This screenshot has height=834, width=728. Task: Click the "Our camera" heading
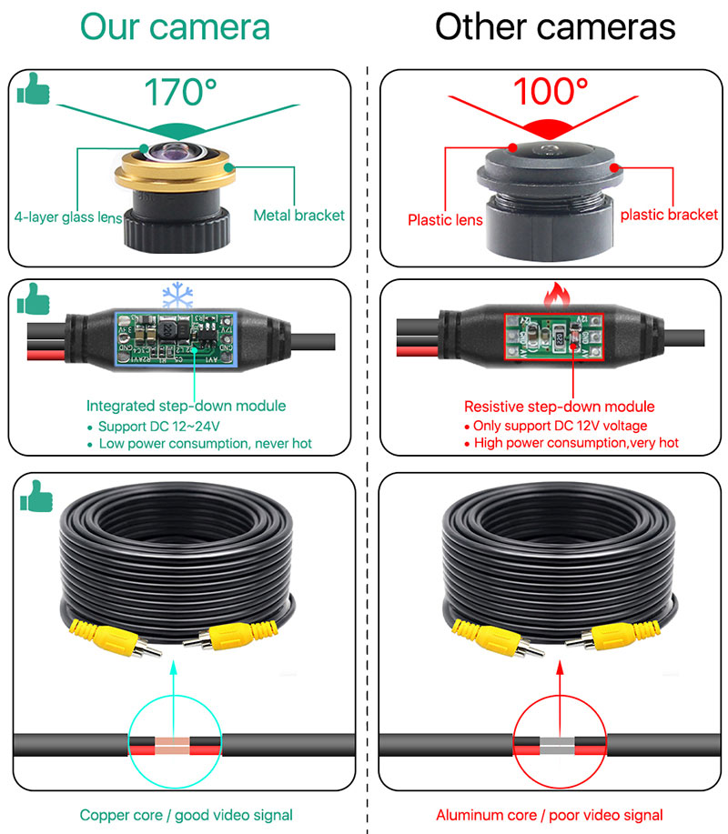[175, 25]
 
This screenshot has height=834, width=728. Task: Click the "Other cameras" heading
[555, 25]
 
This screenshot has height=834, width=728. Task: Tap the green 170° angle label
[181, 92]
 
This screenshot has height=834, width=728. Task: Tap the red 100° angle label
[551, 92]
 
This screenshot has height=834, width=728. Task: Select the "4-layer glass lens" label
[67, 216]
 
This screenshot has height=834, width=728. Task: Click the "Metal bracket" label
[299, 216]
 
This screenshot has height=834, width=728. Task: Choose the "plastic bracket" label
[669, 215]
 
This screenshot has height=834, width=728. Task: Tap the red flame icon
[551, 294]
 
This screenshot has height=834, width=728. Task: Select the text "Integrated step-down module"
[186, 406]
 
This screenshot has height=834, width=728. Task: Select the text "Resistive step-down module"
[559, 406]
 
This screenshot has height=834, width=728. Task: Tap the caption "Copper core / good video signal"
[187, 815]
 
